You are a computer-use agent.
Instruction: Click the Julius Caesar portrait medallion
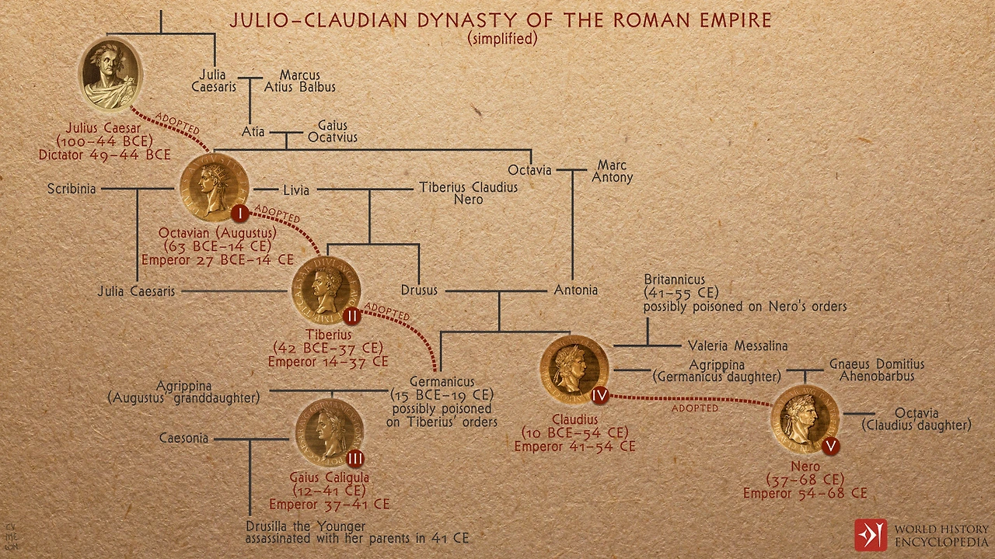[x=110, y=75]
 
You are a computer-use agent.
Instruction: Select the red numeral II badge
[x=351, y=316]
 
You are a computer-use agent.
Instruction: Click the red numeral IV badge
[x=599, y=395]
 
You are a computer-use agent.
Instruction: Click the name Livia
[x=295, y=190]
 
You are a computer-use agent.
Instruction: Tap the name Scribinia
[x=72, y=189]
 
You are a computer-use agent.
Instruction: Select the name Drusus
[x=421, y=290]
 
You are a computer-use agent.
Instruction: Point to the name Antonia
[x=575, y=290]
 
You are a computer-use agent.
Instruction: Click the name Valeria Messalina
[x=738, y=346]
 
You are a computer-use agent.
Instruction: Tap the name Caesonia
[x=183, y=438]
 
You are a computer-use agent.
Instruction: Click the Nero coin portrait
[x=804, y=418]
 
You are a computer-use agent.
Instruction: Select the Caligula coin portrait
[x=327, y=432]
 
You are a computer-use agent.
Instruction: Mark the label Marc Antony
[x=613, y=172]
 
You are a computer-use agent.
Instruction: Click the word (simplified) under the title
[x=502, y=38]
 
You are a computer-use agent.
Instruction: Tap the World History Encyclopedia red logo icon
[x=870, y=535]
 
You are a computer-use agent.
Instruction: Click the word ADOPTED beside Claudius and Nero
[x=694, y=408]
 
